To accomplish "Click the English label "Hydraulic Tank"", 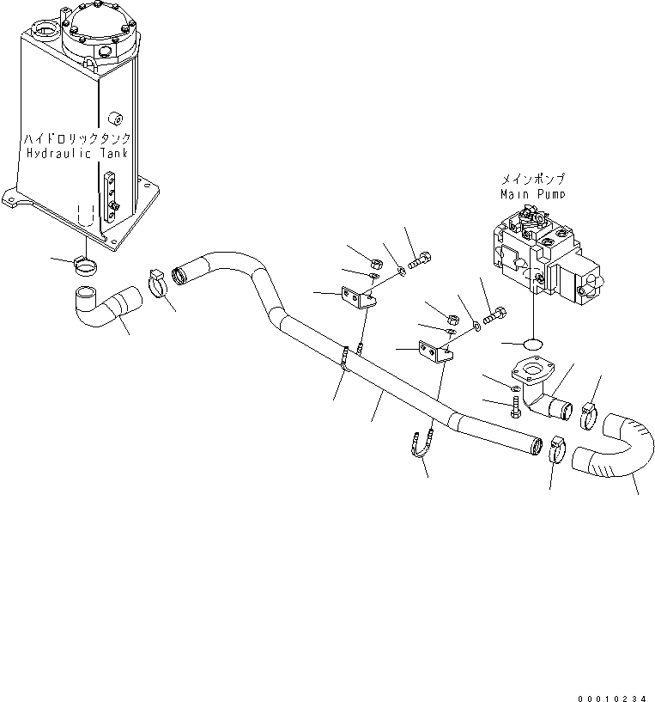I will tap(76, 154).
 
